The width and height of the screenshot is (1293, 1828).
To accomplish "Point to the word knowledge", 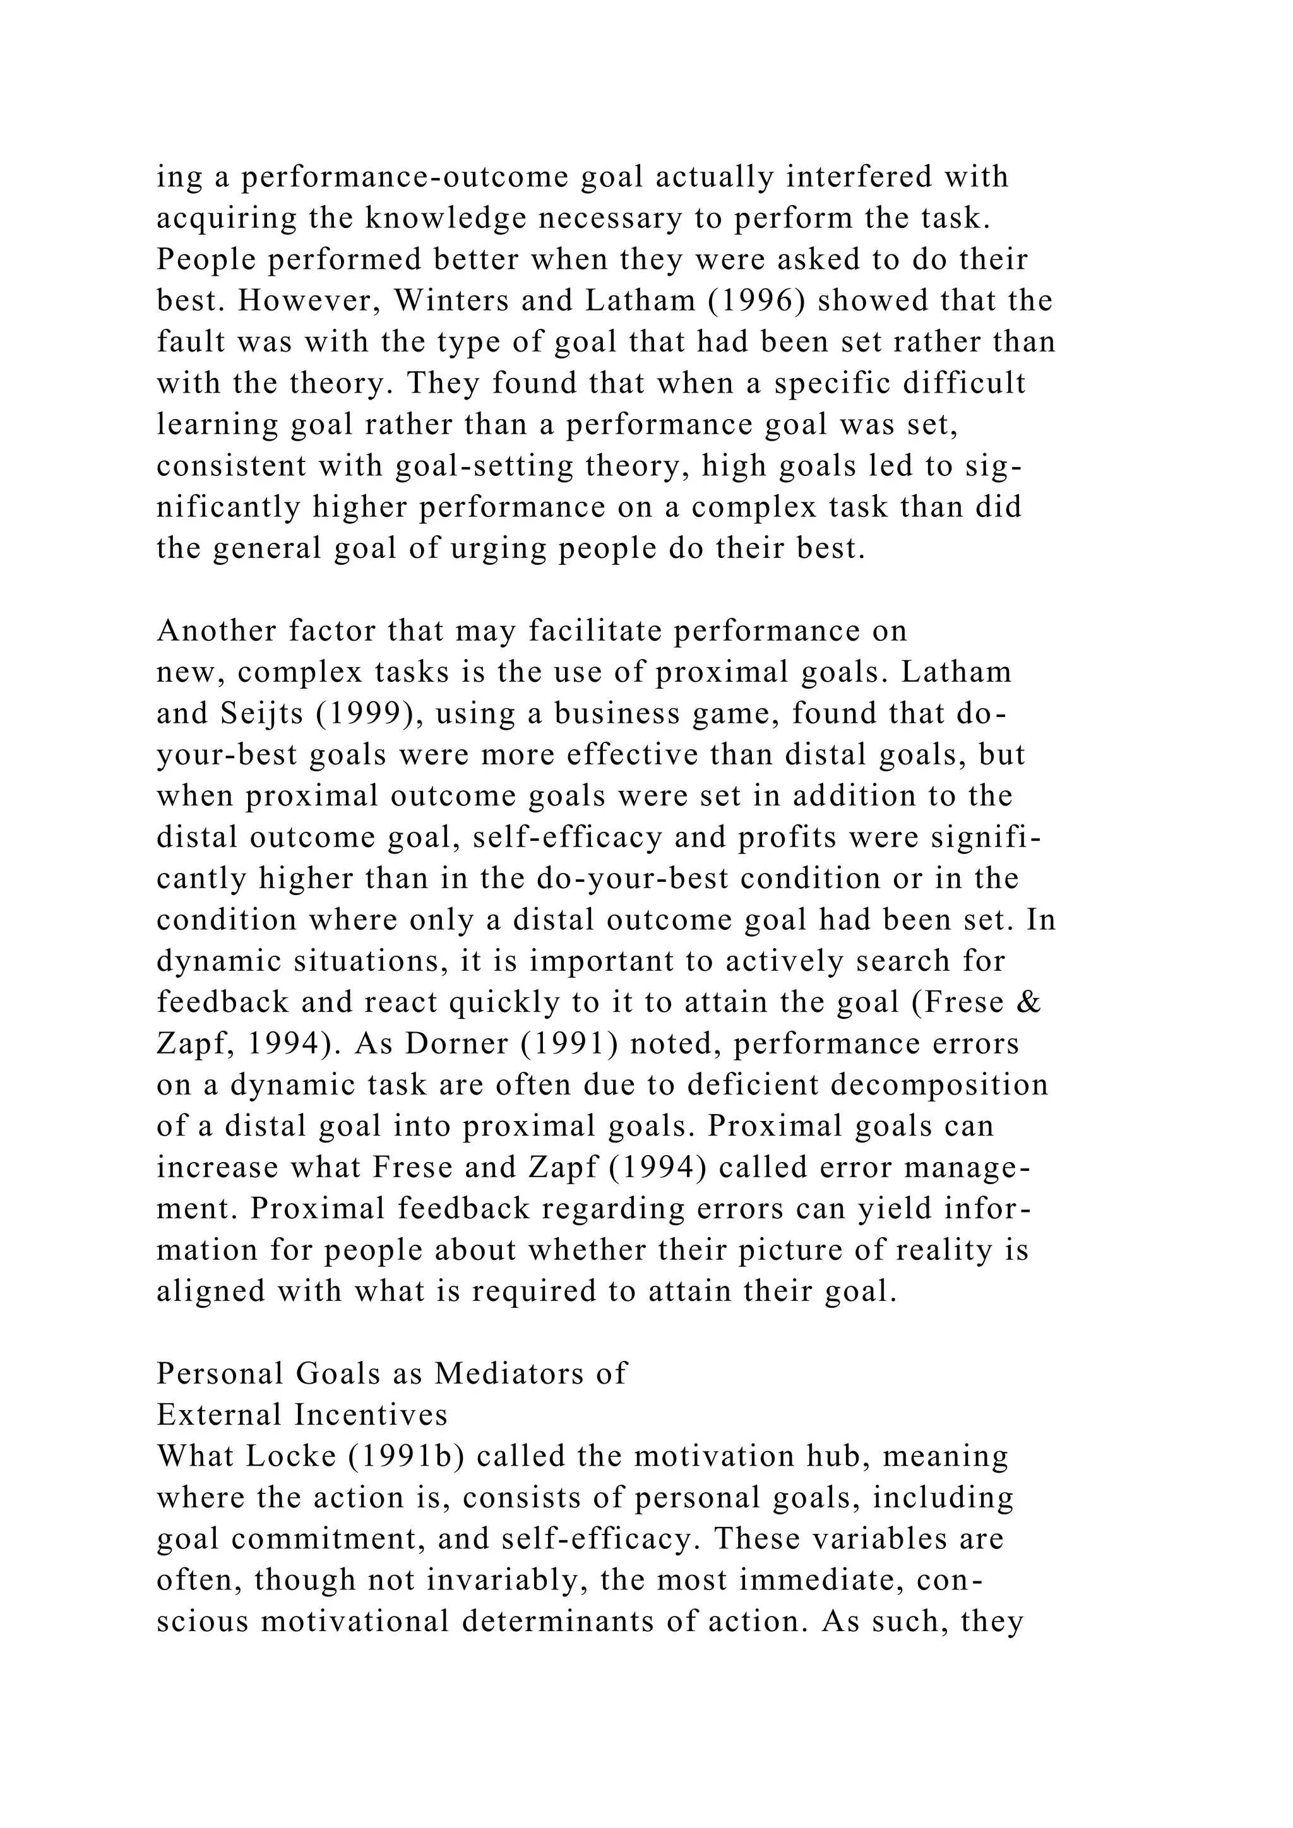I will coord(446,218).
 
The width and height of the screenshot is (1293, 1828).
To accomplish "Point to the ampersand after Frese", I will coord(1030,1002).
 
